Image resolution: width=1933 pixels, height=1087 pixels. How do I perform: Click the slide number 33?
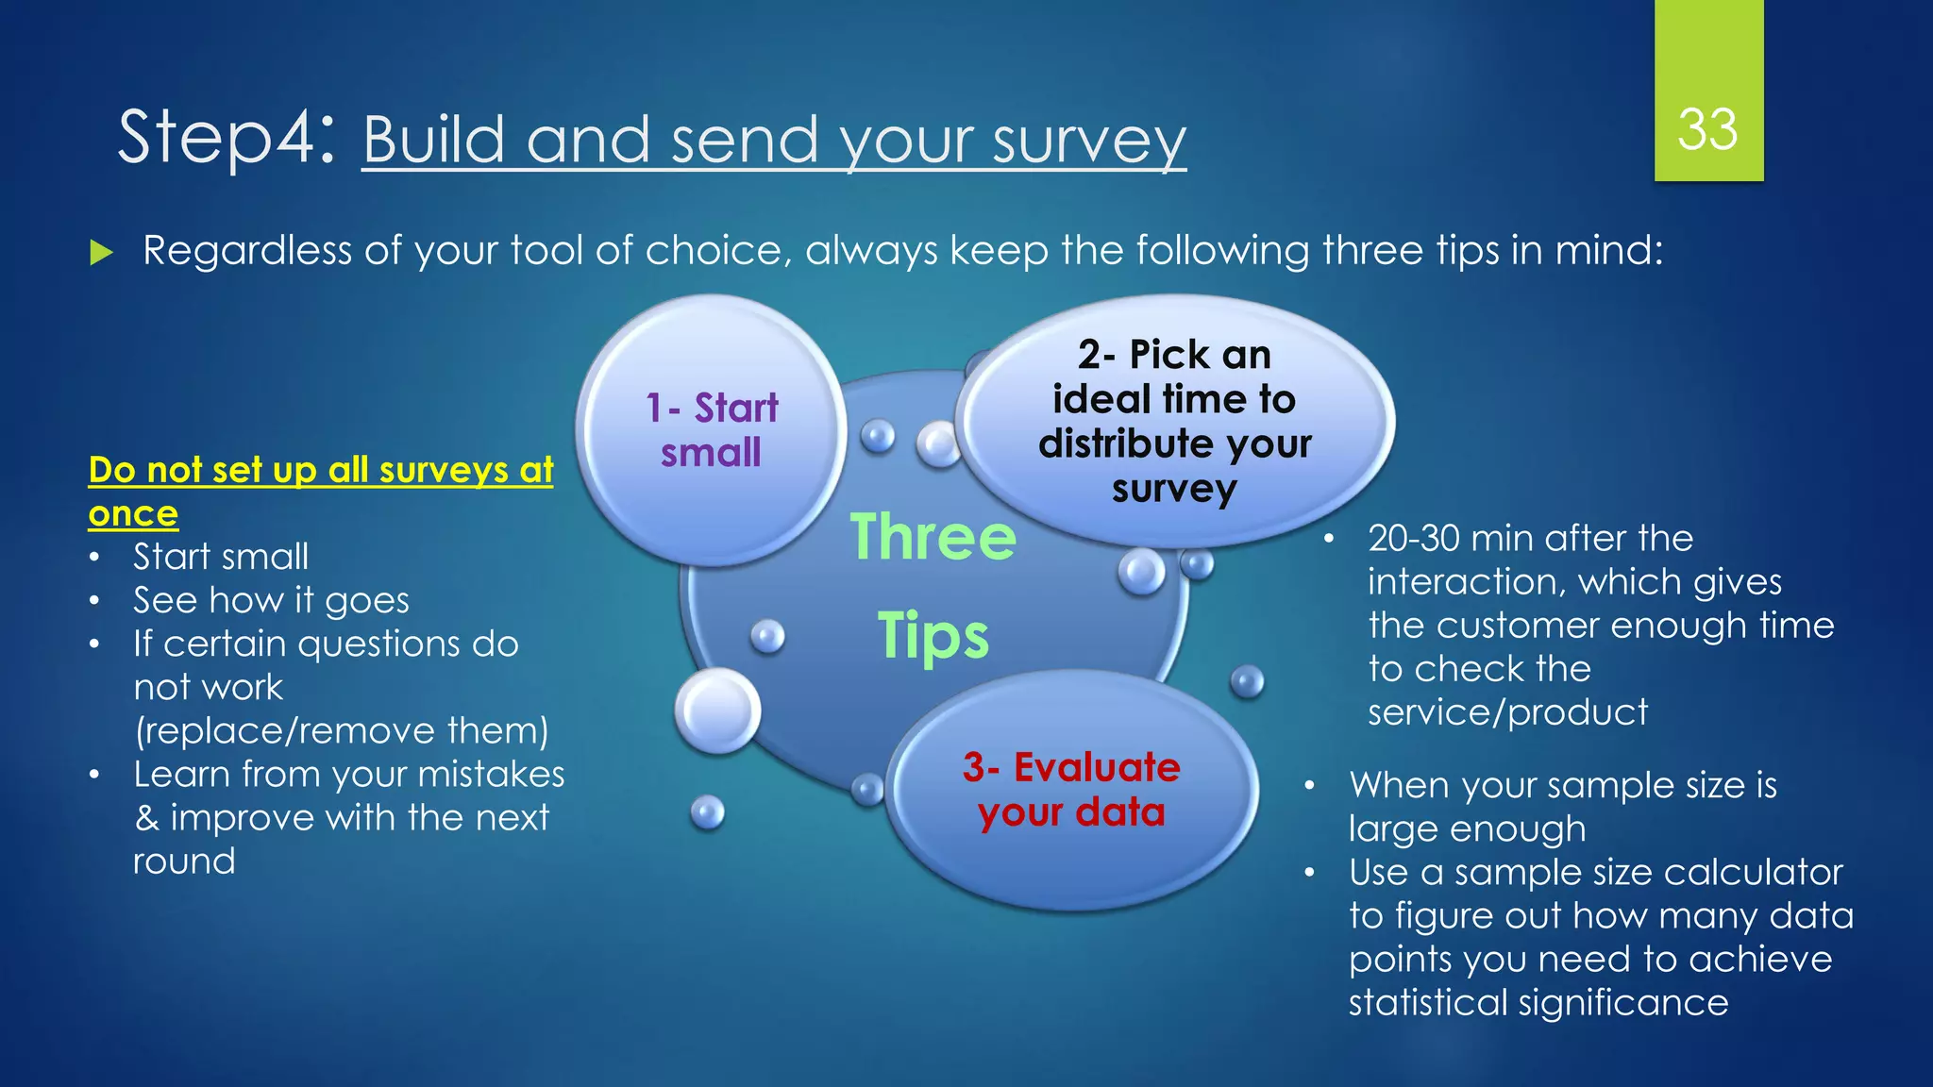click(1707, 129)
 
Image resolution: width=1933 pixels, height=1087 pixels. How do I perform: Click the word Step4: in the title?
click(227, 138)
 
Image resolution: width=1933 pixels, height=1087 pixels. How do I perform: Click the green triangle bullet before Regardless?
click(101, 252)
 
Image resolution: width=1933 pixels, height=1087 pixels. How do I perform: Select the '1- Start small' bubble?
click(712, 430)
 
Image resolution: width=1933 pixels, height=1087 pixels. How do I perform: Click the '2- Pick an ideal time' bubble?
click(1174, 421)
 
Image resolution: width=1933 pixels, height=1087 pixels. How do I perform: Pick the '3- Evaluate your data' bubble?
click(1071, 790)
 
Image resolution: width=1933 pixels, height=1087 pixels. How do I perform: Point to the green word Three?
click(933, 537)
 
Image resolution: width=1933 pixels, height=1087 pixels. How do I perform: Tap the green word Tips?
click(933, 635)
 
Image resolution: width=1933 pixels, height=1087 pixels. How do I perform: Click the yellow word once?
click(133, 514)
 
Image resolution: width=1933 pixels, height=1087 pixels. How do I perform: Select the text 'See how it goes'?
click(271, 600)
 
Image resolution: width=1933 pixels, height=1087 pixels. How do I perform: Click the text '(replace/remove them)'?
click(341, 730)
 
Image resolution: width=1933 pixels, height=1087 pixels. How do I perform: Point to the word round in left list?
click(184, 861)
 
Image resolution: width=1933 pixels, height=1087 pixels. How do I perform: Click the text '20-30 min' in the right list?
click(1453, 539)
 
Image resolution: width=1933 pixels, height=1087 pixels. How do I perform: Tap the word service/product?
click(1507, 712)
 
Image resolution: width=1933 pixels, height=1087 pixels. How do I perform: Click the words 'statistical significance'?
click(1538, 1002)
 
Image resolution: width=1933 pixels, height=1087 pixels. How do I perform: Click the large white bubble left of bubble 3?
click(718, 711)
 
